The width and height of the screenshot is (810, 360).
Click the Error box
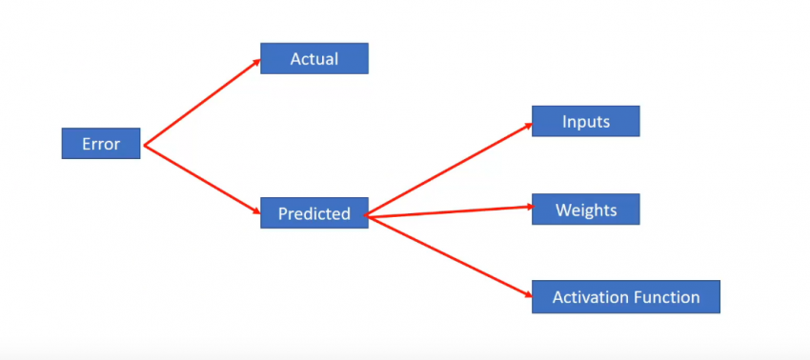tap(101, 144)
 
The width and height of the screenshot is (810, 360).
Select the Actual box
tap(314, 59)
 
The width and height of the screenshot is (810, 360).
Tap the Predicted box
tap(314, 213)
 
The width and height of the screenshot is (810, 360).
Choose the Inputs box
tap(585, 122)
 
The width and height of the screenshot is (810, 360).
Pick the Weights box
tap(585, 210)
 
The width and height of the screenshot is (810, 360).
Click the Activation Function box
tap(625, 297)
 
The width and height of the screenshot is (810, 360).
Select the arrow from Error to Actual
tap(200, 103)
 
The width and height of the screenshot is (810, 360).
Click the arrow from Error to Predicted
tap(200, 178)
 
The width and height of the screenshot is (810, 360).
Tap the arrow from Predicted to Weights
tap(448, 212)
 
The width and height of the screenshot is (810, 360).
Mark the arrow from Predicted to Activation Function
tap(448, 255)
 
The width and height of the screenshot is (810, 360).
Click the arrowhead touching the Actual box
tap(255, 62)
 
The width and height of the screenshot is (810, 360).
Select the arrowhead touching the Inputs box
tap(526, 126)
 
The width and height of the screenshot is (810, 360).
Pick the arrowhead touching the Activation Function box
tap(525, 294)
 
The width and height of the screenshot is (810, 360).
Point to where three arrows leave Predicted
tap(369, 217)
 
